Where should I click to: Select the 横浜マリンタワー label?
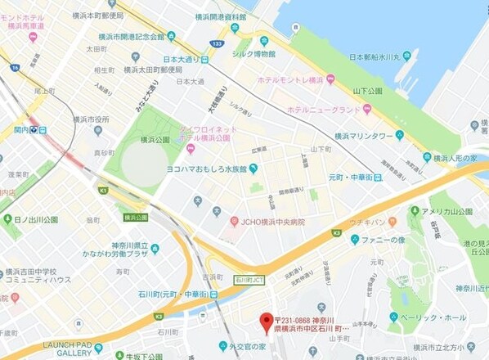[364, 135]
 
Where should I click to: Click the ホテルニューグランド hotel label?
[324, 109]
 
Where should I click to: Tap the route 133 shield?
[218, 43]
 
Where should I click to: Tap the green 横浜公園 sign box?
[136, 217]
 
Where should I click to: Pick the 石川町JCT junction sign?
[249, 278]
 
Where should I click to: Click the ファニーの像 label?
[384, 240]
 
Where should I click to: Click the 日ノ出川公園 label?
[35, 219]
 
